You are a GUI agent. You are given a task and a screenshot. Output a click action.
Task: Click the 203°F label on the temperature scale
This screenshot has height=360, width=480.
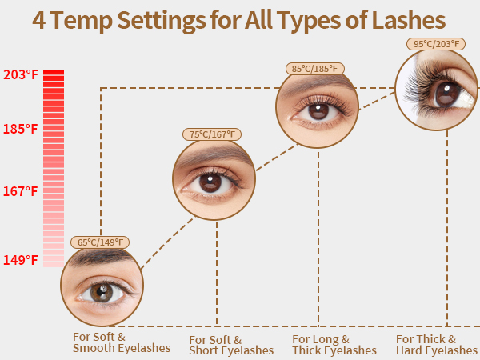click(21, 74)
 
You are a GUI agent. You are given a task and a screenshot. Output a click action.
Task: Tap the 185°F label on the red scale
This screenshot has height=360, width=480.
click(21, 129)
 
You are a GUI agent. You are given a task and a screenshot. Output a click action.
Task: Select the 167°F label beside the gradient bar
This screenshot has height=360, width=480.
click(21, 191)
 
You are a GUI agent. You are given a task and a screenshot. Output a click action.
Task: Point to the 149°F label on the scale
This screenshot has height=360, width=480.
click(21, 260)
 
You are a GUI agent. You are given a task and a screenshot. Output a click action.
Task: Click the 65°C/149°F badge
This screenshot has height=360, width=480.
click(100, 242)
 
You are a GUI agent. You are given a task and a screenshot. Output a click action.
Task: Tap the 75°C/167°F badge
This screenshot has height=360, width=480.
click(212, 134)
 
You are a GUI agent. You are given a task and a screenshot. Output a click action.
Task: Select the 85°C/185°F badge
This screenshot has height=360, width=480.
click(314, 69)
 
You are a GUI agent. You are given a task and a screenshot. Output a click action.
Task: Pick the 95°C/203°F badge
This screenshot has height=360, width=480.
click(436, 44)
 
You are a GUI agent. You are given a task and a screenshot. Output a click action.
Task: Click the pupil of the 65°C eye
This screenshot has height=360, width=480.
click(102, 292)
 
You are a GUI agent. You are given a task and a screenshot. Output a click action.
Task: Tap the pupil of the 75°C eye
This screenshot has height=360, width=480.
click(210, 183)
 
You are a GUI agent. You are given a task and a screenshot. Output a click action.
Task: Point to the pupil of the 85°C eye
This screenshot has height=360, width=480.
click(318, 111)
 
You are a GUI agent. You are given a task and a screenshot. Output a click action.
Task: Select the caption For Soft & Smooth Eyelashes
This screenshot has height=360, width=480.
click(122, 342)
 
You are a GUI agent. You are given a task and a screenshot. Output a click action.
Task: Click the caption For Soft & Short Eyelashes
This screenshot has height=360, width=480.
click(231, 345)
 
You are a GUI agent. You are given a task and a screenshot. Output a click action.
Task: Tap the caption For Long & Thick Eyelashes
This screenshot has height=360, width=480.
click(334, 345)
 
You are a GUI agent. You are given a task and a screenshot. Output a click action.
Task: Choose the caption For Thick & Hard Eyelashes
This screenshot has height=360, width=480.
click(437, 345)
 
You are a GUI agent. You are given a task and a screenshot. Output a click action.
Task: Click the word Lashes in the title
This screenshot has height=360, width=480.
click(408, 20)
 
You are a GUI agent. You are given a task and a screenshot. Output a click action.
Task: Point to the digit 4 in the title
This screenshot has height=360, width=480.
click(39, 21)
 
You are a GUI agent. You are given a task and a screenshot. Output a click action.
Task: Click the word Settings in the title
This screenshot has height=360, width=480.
click(161, 22)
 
